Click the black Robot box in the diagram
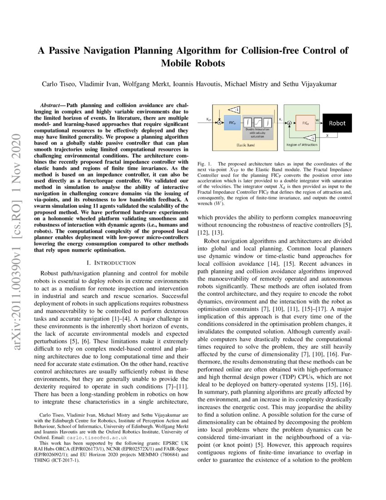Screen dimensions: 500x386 [337, 123]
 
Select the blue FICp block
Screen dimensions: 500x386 [233, 122]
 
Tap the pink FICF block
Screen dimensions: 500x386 [305, 123]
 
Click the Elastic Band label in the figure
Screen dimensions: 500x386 [246, 145]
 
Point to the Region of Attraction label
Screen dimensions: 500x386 [302, 145]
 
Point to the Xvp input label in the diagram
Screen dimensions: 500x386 [208, 119]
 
